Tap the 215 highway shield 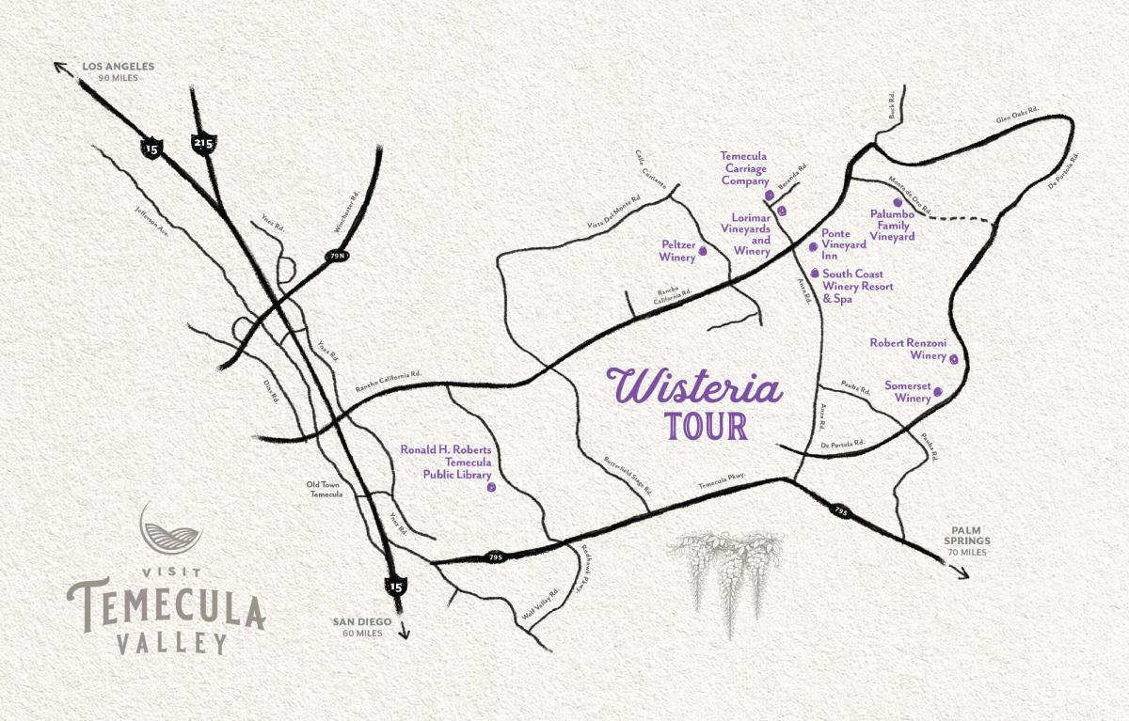click(x=203, y=143)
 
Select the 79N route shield click(x=337, y=255)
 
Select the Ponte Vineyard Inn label click(x=843, y=243)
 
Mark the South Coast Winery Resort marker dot click(x=815, y=273)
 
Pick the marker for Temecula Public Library click(x=489, y=489)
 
